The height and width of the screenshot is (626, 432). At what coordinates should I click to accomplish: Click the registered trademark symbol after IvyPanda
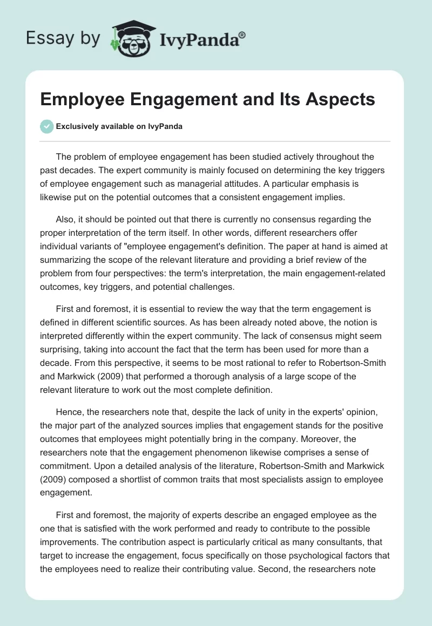[242, 35]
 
